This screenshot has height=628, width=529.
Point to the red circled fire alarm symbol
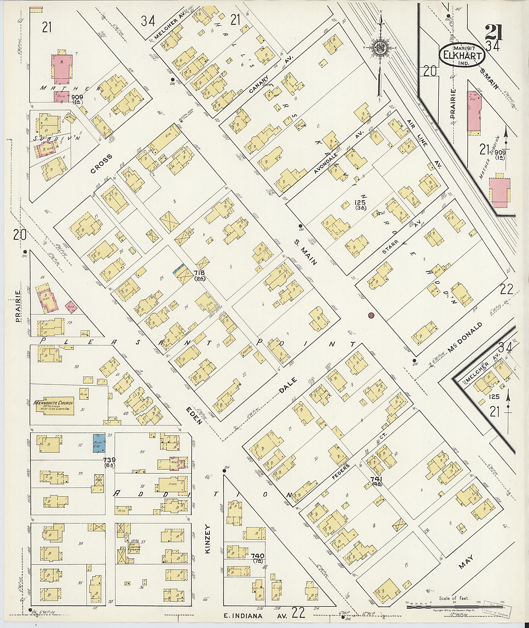[371, 315]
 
